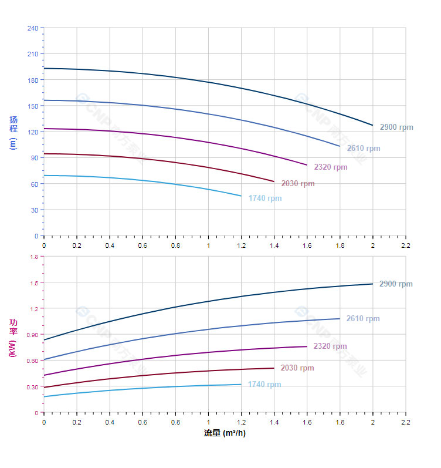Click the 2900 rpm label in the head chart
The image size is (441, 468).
click(x=396, y=127)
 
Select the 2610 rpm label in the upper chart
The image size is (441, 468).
click(x=363, y=149)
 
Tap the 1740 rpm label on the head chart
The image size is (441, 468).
click(x=264, y=198)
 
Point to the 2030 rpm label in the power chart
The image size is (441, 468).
click(x=297, y=368)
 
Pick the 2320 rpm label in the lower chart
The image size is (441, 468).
click(x=330, y=346)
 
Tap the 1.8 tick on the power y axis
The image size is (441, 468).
click(x=33, y=257)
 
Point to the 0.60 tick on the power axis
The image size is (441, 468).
click(x=32, y=361)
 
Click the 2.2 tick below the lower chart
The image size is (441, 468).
click(x=405, y=422)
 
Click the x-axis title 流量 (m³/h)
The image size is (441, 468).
click(x=225, y=433)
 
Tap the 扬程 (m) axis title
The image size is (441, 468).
click(x=13, y=132)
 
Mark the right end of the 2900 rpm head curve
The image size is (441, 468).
click(x=372, y=125)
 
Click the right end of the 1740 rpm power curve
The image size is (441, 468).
click(x=241, y=384)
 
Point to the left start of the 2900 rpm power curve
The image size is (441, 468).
click(x=44, y=339)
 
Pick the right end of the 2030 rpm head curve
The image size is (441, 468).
click(x=274, y=181)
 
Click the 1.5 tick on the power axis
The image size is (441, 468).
click(x=33, y=282)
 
